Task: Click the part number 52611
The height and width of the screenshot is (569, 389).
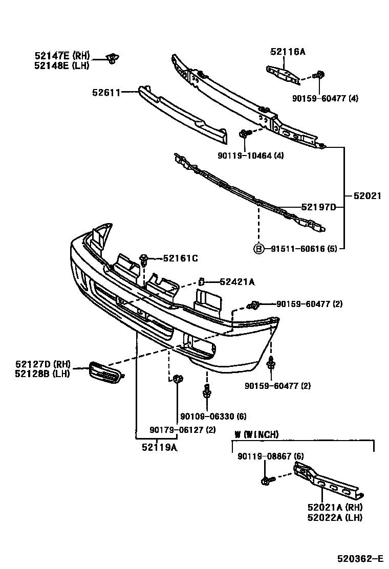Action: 106,93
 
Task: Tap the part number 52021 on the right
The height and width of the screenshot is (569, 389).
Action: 367,195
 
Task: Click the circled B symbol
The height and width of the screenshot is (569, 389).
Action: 259,249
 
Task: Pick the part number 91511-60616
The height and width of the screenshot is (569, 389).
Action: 292,249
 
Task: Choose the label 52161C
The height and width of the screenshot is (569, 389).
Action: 180,258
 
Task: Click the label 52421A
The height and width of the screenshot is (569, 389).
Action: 237,281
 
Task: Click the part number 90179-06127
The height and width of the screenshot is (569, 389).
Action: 176,429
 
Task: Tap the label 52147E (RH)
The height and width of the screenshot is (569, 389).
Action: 62,55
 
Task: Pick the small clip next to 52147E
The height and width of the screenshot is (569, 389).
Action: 111,59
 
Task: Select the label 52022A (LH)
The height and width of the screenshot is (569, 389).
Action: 335,517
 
